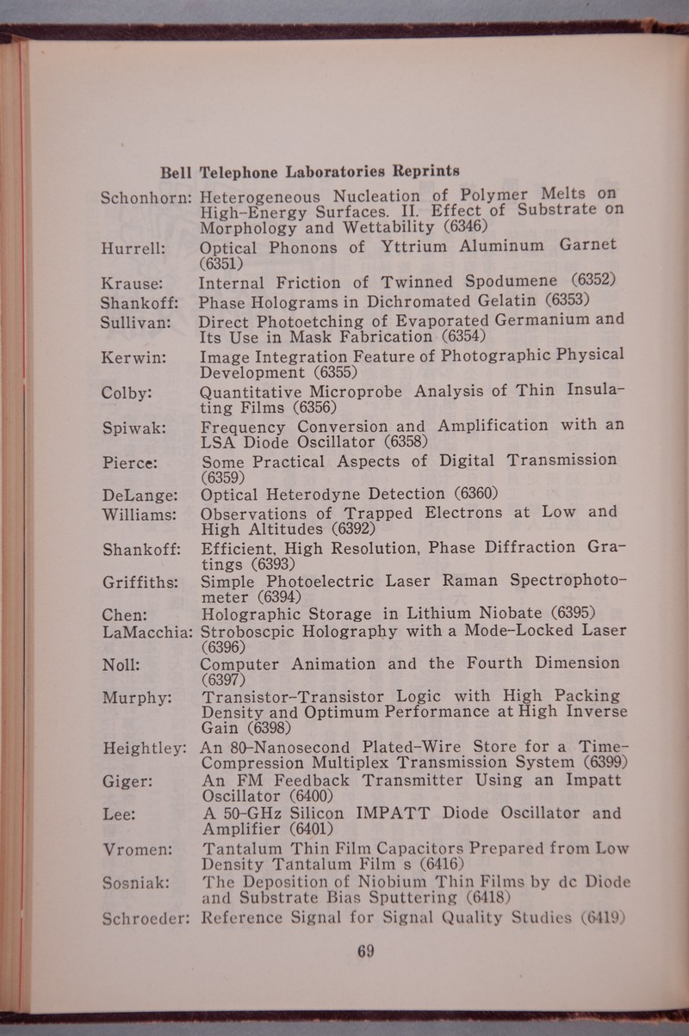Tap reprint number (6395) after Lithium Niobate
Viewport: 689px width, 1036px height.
point(574,614)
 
